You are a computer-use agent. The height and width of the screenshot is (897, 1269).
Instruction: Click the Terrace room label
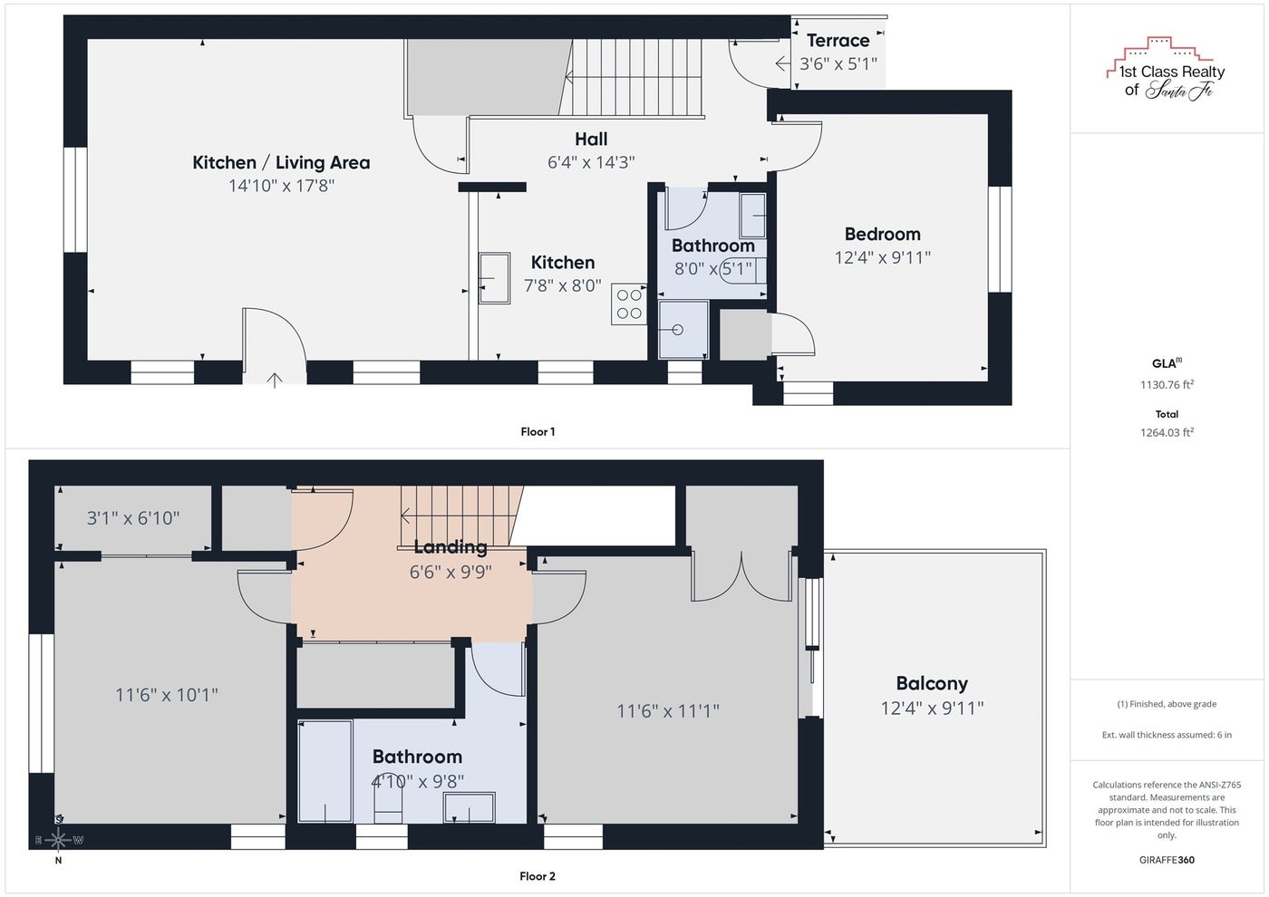(838, 41)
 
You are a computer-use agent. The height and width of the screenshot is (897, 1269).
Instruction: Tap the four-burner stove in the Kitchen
(629, 304)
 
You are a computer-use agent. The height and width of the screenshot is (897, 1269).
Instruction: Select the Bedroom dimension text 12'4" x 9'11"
(883, 257)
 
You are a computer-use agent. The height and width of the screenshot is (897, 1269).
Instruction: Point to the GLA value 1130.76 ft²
(1167, 384)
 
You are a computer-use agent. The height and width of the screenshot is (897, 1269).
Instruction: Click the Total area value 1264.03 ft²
(1167, 432)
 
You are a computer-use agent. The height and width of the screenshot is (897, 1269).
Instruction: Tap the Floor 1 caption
(538, 431)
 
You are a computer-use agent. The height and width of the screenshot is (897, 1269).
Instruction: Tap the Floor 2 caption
(538, 876)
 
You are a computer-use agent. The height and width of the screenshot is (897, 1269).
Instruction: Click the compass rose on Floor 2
(58, 839)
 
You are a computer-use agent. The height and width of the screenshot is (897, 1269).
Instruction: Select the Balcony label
(932, 683)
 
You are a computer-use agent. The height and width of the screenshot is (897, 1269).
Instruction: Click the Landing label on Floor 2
(450, 547)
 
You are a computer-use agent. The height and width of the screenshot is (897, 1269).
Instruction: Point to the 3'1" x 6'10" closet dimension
(133, 518)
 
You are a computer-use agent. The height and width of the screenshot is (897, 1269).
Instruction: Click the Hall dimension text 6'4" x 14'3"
(591, 162)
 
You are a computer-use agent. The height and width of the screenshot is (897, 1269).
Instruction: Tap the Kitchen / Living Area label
(281, 162)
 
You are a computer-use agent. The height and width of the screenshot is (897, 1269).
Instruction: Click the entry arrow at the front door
(274, 380)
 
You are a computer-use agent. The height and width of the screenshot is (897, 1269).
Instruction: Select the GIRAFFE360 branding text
(1167, 860)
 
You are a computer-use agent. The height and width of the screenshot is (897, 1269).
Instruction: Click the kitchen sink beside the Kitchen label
(494, 278)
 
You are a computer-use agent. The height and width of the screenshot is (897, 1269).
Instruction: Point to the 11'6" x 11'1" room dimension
(668, 710)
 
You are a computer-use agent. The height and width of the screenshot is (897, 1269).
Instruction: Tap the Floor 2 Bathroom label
(418, 757)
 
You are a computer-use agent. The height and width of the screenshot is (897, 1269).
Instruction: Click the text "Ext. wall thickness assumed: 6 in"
(1167, 735)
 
